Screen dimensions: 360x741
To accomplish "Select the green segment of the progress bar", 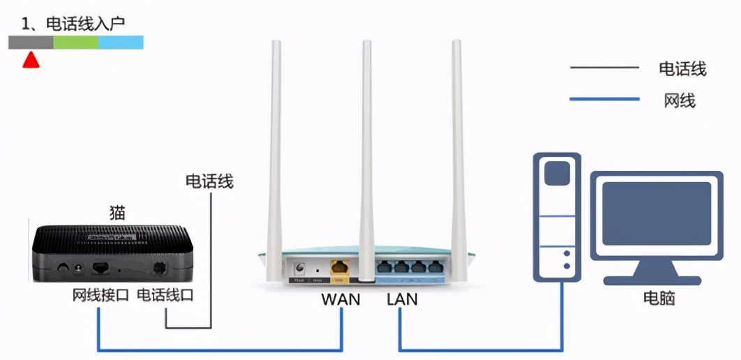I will click(75, 43).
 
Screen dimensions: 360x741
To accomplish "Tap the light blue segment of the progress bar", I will click(121, 43).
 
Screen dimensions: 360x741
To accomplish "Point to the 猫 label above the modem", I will click(117, 212).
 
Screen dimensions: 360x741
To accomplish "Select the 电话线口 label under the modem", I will click(165, 295).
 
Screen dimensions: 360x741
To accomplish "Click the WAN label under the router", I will click(340, 299).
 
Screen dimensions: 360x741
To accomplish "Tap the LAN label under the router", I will click(402, 299).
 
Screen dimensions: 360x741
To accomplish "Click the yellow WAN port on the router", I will click(340, 267).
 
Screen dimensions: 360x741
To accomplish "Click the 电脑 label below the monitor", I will click(659, 299).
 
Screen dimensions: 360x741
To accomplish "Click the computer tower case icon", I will click(556, 216).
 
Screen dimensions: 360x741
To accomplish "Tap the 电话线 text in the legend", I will click(682, 68).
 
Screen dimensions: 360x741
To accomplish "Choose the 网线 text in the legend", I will click(680, 100).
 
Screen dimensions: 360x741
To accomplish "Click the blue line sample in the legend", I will click(604, 99).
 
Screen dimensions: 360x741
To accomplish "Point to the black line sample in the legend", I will click(604, 68).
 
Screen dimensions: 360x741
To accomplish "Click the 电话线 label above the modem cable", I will click(209, 182).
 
